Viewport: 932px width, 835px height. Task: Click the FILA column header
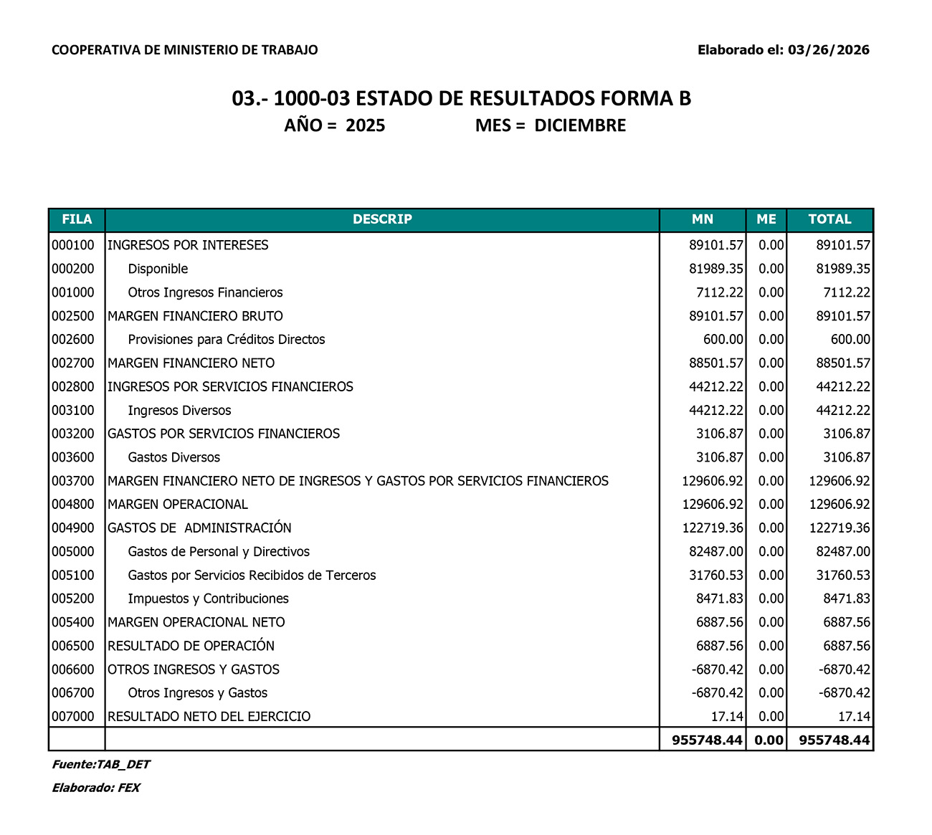pyautogui.click(x=77, y=219)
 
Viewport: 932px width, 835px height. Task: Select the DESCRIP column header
pyautogui.click(x=382, y=219)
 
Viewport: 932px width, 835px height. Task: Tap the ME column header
pyautogui.click(x=766, y=219)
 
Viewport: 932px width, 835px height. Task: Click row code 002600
pyautogui.click(x=73, y=340)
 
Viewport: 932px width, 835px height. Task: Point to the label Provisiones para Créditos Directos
pyautogui.click(x=226, y=340)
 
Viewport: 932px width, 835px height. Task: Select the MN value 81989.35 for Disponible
pyautogui.click(x=716, y=269)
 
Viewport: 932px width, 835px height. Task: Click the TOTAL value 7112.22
pyautogui.click(x=843, y=292)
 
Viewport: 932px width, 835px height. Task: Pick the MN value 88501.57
pyautogui.click(x=716, y=363)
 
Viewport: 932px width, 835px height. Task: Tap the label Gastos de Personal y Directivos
pyautogui.click(x=219, y=552)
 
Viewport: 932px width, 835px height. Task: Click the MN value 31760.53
pyautogui.click(x=716, y=576)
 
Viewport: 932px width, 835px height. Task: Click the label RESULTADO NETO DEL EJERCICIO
pyautogui.click(x=209, y=717)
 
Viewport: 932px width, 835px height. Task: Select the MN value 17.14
pyautogui.click(x=727, y=717)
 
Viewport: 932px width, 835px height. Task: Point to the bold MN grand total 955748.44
pyautogui.click(x=707, y=740)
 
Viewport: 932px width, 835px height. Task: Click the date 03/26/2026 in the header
pyautogui.click(x=828, y=50)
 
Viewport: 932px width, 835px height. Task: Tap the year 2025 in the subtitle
pyautogui.click(x=365, y=126)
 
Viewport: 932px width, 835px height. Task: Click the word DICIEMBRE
pyautogui.click(x=580, y=126)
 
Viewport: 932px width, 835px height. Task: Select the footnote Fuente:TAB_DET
pyautogui.click(x=101, y=765)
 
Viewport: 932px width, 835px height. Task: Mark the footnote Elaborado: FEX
pyautogui.click(x=96, y=788)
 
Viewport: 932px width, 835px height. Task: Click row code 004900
pyautogui.click(x=73, y=528)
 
